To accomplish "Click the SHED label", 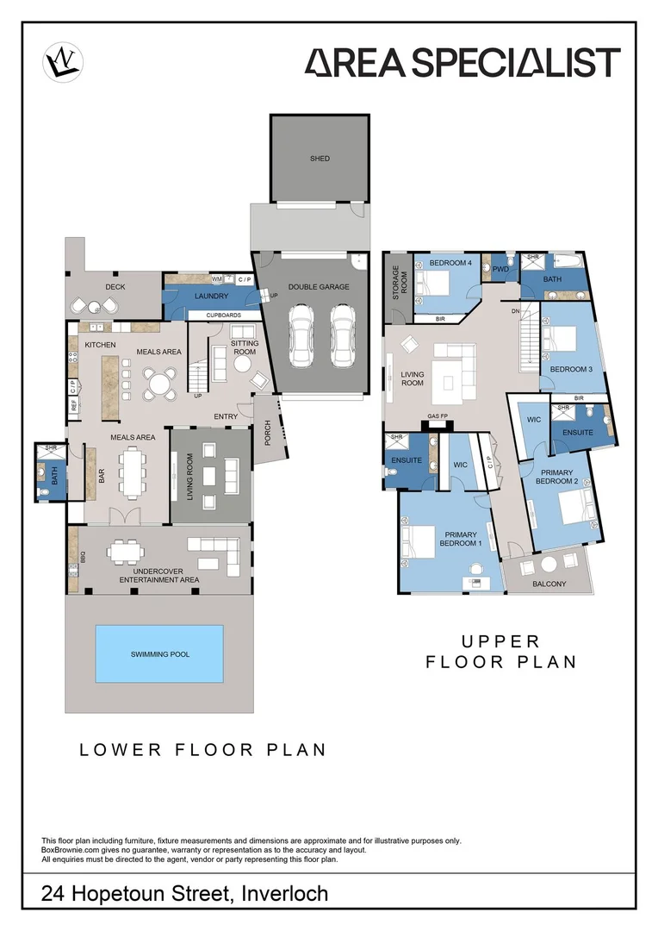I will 320,159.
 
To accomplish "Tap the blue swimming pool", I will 160,654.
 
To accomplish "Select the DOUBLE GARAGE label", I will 319,287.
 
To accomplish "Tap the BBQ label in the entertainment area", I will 83,556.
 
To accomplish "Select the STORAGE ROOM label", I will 397,281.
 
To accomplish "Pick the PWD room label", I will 501,269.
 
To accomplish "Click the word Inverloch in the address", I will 285,894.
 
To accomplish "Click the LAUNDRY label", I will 211,297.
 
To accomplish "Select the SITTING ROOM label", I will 245,347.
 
